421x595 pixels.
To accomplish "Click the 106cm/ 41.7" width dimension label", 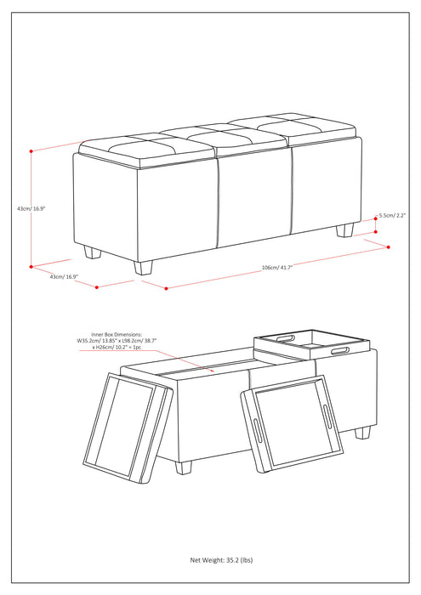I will click(277, 267).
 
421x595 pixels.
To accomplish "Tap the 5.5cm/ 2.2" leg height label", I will click(395, 216).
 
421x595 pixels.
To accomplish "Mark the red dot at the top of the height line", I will click(31, 150).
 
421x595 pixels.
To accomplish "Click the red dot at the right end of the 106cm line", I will click(389, 247).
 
